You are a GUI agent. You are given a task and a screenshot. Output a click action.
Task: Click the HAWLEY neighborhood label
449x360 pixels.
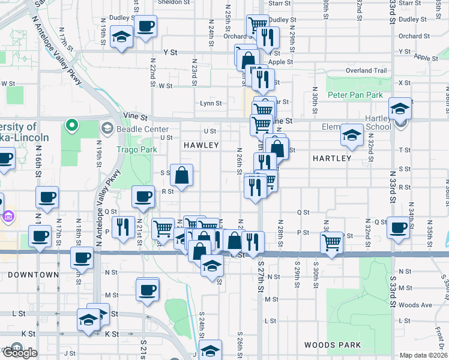pyautogui.click(x=201, y=145)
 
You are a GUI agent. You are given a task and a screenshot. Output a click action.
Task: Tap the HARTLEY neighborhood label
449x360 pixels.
pyautogui.click(x=331, y=158)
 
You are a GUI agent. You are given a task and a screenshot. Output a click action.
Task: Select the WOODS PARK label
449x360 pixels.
pyautogui.click(x=333, y=345)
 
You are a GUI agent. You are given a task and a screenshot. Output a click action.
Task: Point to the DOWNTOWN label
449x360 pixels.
pyautogui.click(x=33, y=275)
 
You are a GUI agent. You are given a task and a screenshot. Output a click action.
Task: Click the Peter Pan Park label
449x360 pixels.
pyautogui.click(x=355, y=95)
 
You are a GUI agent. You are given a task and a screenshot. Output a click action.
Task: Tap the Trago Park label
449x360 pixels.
pyautogui.click(x=136, y=149)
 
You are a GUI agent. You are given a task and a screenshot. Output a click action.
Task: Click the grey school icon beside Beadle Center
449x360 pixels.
pyautogui.click(x=107, y=127)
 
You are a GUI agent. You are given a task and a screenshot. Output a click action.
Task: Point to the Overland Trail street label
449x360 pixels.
pyautogui.click(x=366, y=70)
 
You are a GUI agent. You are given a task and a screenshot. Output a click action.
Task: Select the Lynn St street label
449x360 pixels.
pyautogui.click(x=211, y=103)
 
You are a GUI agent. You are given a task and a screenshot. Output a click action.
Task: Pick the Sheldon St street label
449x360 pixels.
pyautogui.click(x=172, y=2)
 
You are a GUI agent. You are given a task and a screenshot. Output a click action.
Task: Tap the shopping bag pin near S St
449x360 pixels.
pyautogui.click(x=181, y=175)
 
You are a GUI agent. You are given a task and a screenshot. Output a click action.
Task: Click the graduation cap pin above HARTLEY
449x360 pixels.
pyautogui.click(x=351, y=134)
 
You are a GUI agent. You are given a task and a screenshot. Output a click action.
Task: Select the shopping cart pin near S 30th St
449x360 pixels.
pyautogui.click(x=332, y=241)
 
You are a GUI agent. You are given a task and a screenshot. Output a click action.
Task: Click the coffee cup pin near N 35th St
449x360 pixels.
pyautogui.click(x=399, y=227)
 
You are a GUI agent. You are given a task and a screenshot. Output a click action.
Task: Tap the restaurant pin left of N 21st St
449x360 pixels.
pyautogui.click(x=123, y=226)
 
